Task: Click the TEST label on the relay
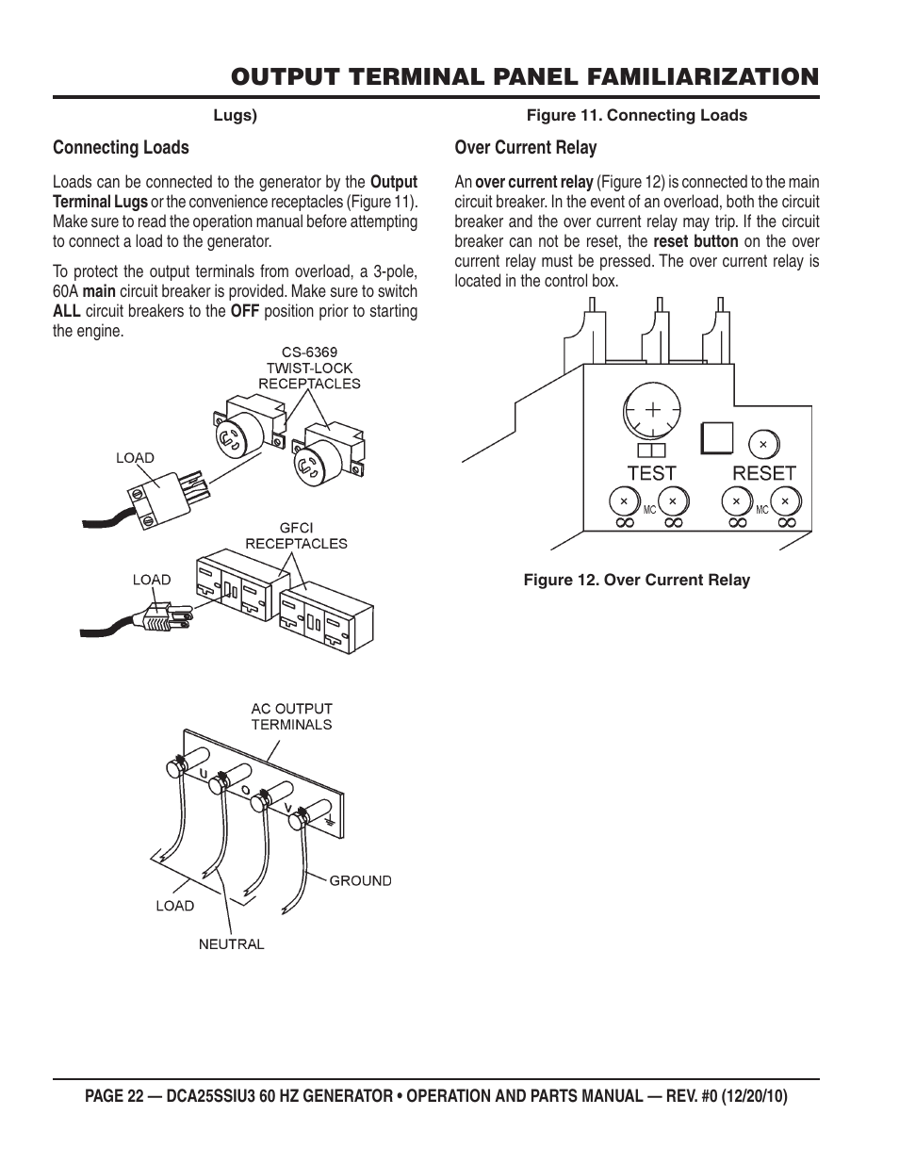click(651, 473)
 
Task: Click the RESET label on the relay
click(764, 473)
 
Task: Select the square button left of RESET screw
click(717, 437)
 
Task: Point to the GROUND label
click(360, 880)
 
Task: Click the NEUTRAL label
click(231, 943)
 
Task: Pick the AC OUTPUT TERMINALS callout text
click(291, 716)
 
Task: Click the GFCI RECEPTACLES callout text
click(296, 535)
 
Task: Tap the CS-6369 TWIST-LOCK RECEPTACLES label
click(309, 368)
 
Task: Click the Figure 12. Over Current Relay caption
click(636, 580)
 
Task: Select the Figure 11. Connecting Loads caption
click(636, 115)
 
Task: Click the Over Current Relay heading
click(525, 147)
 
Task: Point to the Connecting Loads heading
click(121, 147)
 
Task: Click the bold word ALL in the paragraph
click(66, 311)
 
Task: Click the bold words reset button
click(695, 241)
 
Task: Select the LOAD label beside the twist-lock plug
click(135, 458)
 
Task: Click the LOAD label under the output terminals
click(174, 906)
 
